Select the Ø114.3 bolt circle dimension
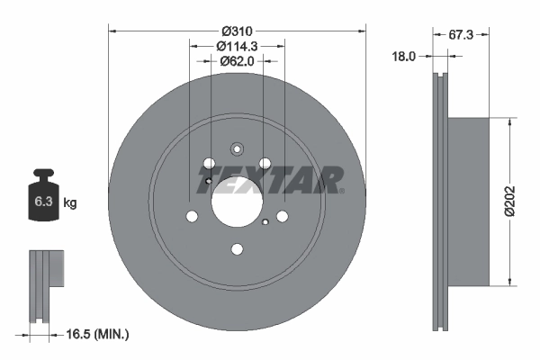point(237,45)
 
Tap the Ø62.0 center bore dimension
point(237,61)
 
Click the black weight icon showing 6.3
point(43,196)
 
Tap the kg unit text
point(71,203)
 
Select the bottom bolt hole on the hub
point(237,250)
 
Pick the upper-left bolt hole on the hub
point(210,165)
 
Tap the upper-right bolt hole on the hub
point(265,164)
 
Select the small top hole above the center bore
point(237,150)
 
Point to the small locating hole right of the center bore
point(266,222)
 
